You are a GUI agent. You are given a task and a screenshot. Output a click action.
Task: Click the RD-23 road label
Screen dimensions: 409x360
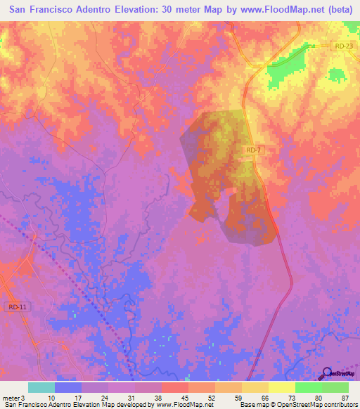342,46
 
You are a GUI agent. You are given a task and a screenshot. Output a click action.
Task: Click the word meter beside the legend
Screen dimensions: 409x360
11,397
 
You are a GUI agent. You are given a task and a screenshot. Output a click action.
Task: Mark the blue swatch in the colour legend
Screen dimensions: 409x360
68,387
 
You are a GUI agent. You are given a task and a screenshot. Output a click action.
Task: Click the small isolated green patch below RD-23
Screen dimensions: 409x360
338,74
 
